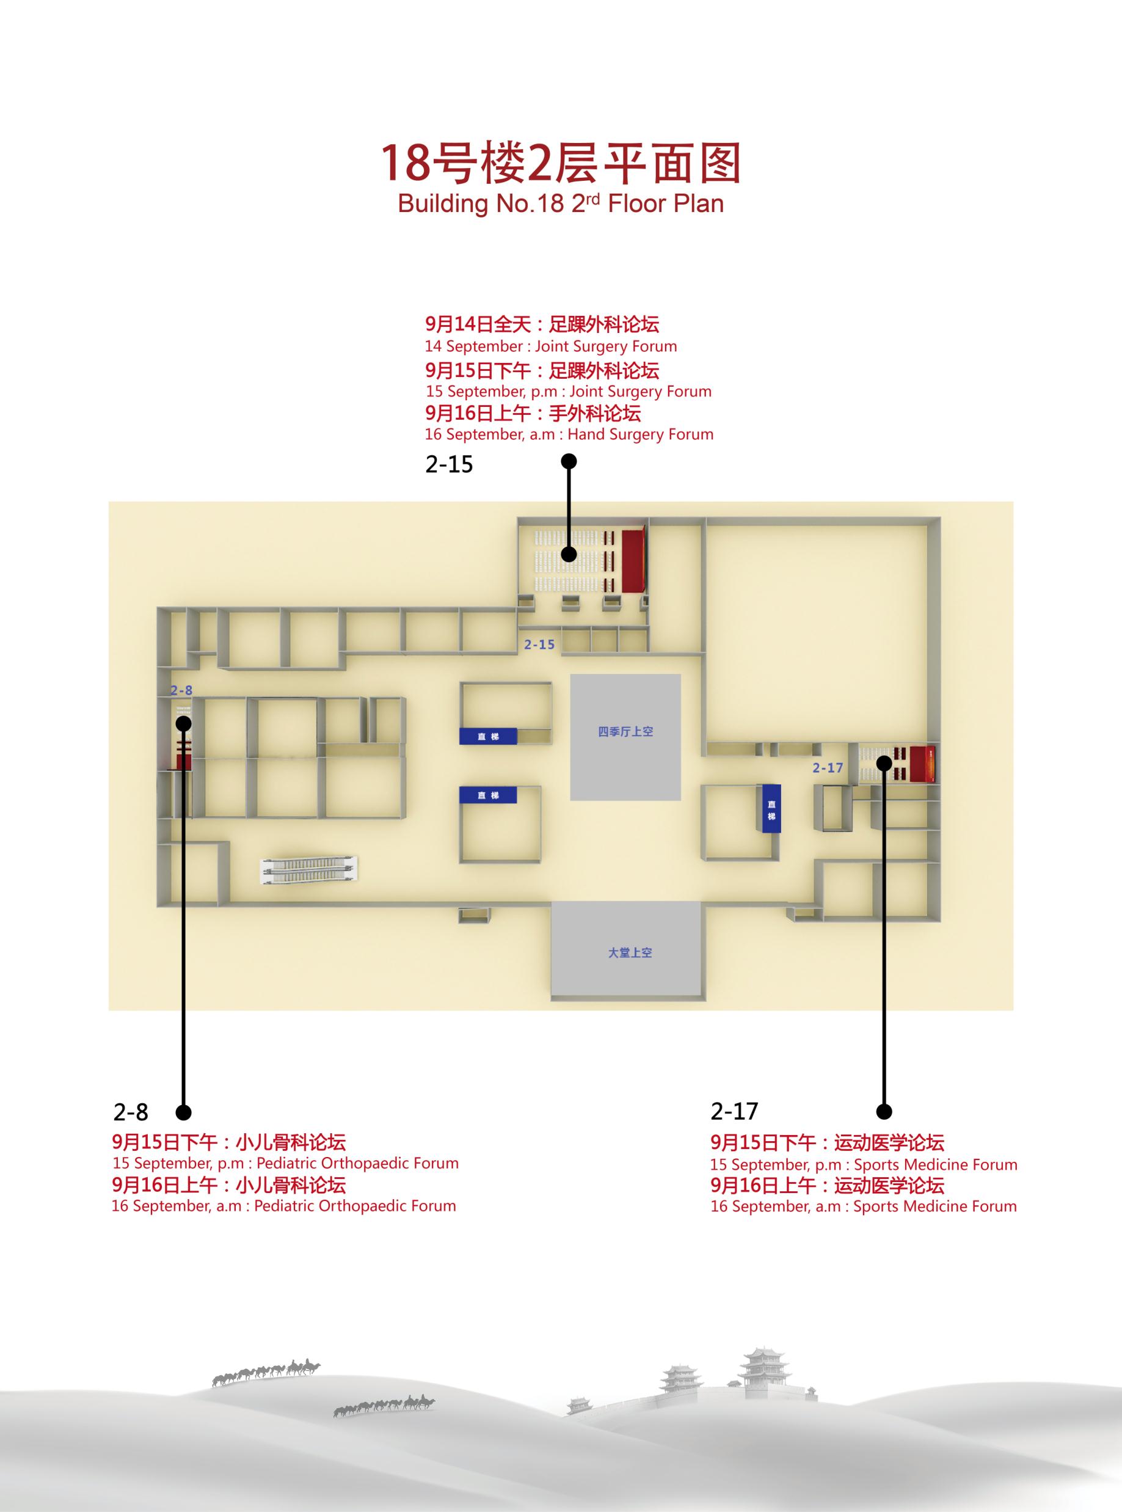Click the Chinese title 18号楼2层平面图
(x=560, y=164)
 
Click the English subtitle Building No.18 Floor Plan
(x=561, y=204)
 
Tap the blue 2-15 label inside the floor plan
(x=539, y=645)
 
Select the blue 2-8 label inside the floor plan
(x=181, y=691)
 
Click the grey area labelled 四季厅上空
(x=625, y=737)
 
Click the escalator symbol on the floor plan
(x=310, y=870)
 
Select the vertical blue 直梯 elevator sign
(x=771, y=808)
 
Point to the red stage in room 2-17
(x=922, y=763)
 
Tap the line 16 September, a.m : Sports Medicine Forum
(x=864, y=1207)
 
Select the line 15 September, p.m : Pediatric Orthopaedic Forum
(x=286, y=1164)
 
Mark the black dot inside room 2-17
(x=884, y=763)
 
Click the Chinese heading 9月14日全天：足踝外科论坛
(x=542, y=324)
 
